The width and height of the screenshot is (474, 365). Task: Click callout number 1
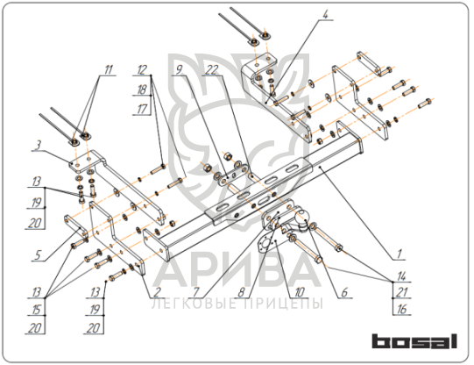[399, 254]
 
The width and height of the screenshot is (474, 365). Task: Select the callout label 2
[157, 292]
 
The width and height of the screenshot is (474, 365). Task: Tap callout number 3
[38, 146]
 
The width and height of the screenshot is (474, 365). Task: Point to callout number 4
[325, 14]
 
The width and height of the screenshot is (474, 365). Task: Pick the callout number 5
[37, 254]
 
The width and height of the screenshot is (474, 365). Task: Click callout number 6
[344, 292]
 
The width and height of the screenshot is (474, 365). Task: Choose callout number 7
[196, 292]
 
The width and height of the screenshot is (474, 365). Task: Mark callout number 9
[180, 69]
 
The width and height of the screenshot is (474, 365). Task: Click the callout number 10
[300, 292]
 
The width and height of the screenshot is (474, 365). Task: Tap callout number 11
[109, 69]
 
